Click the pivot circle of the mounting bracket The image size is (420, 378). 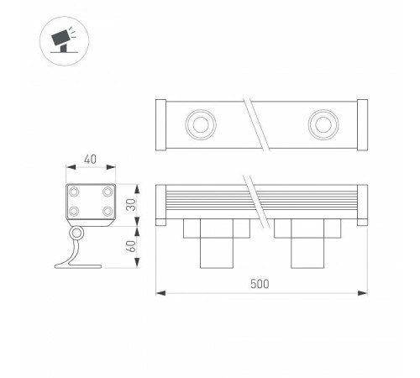[76, 234]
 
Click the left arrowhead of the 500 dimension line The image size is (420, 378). [161, 293]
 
